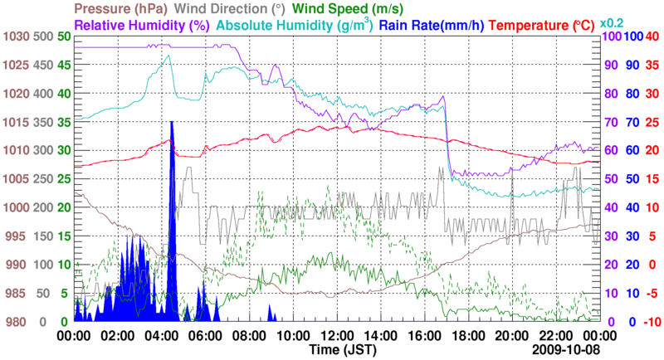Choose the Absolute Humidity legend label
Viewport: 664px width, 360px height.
point(295,25)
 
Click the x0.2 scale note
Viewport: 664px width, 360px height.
point(613,23)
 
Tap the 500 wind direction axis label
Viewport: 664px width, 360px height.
point(41,36)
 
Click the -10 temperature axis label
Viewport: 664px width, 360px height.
point(651,321)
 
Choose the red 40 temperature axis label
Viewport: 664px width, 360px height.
point(652,36)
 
